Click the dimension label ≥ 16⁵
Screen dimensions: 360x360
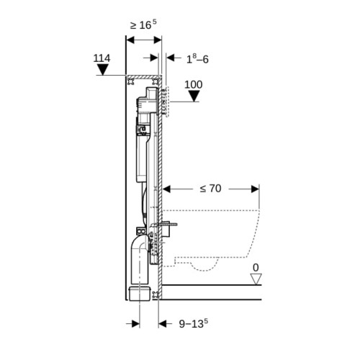pos(143,24)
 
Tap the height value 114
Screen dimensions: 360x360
pos(102,58)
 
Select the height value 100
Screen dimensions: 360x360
pos(194,85)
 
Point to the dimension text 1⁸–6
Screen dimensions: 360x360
pos(197,59)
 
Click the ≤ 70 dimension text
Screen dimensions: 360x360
pos(210,189)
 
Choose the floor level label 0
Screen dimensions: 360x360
pos(256,268)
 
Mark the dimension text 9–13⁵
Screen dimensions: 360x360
pos(194,323)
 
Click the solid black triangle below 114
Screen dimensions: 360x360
pos(103,70)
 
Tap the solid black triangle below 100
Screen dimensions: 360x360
pos(194,96)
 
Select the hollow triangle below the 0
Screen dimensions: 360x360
pos(256,279)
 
